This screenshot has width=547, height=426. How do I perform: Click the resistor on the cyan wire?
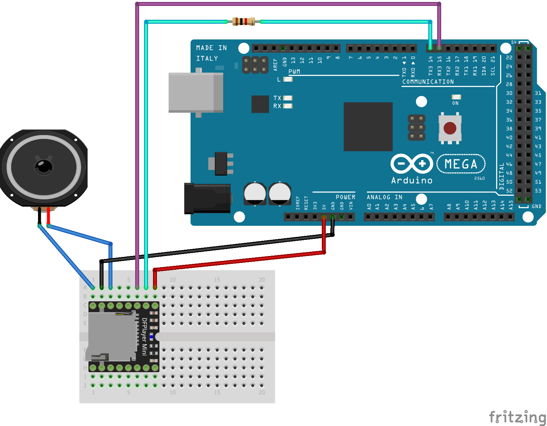243,22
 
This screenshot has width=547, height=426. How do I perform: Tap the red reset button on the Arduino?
450,128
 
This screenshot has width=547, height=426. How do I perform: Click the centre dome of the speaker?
44,167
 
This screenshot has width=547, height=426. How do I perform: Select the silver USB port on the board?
196,93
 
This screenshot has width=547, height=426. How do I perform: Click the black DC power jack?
207,199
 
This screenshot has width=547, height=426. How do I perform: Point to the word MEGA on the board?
461,164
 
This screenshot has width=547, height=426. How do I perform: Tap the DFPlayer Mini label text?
144,336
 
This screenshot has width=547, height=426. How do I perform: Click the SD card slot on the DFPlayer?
112,336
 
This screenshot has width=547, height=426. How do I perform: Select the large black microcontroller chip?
368,127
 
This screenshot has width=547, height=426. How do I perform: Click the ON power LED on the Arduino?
456,97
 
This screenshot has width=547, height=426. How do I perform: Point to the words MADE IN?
211,48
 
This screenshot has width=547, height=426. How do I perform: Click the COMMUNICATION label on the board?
428,82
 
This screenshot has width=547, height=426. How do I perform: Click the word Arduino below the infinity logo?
411,181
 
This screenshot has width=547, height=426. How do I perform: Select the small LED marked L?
288,79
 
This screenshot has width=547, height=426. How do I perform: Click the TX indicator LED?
288,98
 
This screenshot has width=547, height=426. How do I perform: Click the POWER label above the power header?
345,197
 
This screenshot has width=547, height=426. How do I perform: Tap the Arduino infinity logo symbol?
411,164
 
